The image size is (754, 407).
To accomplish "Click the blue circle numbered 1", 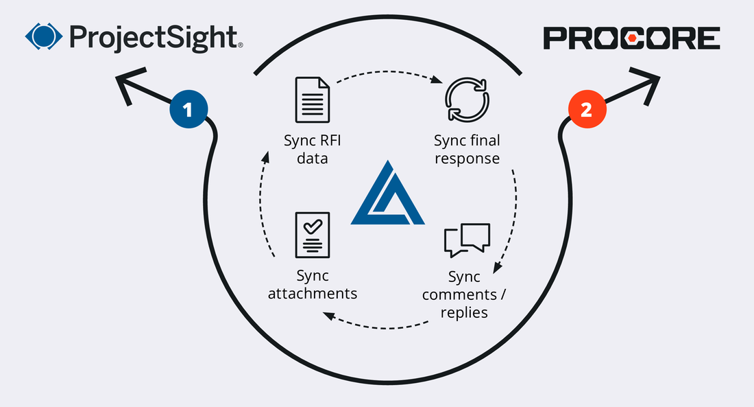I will (x=188, y=110).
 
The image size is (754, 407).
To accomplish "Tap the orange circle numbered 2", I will (x=586, y=110).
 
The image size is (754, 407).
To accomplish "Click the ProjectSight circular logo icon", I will (x=43, y=37).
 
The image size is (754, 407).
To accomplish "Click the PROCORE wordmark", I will (x=631, y=38).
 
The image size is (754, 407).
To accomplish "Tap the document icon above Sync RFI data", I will (x=313, y=100).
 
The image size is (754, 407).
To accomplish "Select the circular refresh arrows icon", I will (x=466, y=100).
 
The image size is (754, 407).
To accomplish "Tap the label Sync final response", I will (x=467, y=149).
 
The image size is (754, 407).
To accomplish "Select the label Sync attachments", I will (x=313, y=284).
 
